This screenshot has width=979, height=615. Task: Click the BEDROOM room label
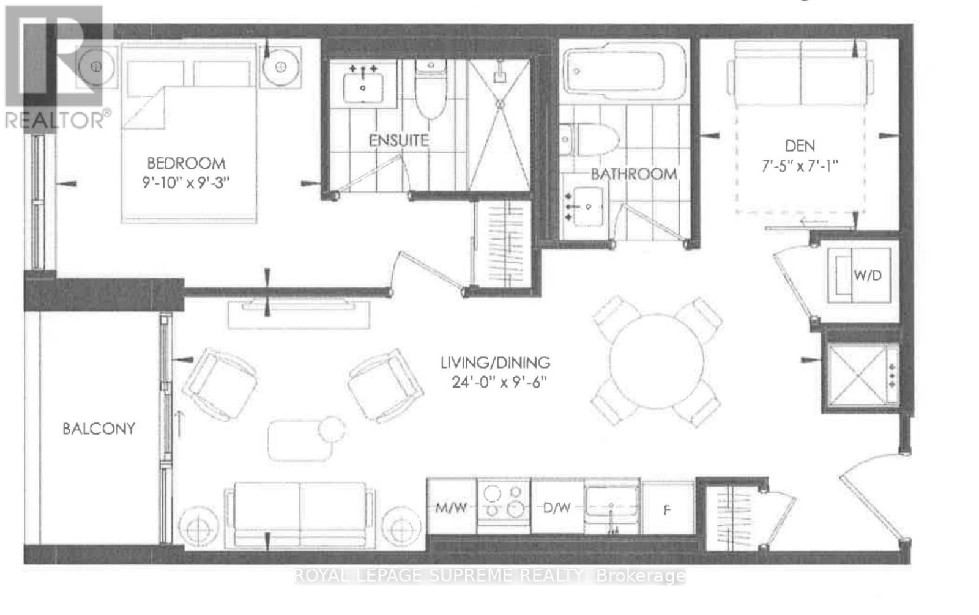pos(186,163)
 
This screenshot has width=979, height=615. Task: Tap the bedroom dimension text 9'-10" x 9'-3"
pos(186,182)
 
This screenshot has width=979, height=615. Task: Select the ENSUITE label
pos(398,140)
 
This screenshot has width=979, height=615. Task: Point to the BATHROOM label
pos(634,174)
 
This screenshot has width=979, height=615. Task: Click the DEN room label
pos(800,145)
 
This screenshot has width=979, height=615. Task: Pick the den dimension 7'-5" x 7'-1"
pos(800,165)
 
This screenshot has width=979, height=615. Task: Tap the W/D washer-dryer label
pos(868,275)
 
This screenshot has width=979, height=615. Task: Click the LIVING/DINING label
pos(495,363)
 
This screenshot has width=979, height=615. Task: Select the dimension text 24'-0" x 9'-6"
pos(495,382)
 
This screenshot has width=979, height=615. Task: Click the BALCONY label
pos(99,429)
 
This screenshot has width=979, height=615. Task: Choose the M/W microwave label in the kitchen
pos(451,507)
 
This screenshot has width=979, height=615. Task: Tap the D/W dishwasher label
pos(557,507)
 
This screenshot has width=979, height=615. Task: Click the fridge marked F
pos(667,509)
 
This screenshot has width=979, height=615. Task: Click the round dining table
pos(657,361)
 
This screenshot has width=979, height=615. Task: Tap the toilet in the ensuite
pos(431,92)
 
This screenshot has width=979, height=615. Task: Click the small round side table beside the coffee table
pos(332,429)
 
